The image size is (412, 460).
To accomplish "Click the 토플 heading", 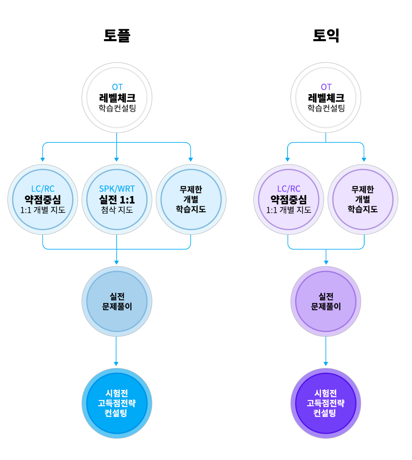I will [x=117, y=35].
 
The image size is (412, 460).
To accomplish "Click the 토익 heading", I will [x=326, y=35].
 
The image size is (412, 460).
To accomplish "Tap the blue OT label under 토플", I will [x=117, y=87].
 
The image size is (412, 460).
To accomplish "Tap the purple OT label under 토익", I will [x=326, y=87].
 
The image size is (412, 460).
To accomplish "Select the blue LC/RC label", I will [x=43, y=189].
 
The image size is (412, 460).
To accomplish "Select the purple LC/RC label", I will [x=288, y=189].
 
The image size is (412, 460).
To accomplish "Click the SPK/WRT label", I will [x=117, y=189].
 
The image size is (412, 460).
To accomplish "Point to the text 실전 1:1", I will [x=117, y=200].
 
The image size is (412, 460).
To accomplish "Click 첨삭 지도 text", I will [x=117, y=210].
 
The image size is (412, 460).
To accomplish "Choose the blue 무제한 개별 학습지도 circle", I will [x=191, y=200].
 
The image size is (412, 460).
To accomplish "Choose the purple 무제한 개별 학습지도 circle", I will [x=363, y=200].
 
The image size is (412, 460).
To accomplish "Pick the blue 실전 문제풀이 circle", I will [x=117, y=301].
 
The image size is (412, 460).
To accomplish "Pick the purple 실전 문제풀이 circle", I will [x=326, y=301].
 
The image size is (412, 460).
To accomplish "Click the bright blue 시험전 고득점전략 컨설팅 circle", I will [x=117, y=403].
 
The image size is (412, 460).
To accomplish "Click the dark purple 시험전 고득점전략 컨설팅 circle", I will [x=326, y=403].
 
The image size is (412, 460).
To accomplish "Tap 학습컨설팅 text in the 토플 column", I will [x=117, y=108].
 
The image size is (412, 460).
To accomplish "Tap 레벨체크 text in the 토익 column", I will [x=326, y=98].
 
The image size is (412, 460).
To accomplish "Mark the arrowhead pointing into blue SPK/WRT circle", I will [x=117, y=159].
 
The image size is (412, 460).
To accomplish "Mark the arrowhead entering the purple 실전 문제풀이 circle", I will [x=326, y=262].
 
